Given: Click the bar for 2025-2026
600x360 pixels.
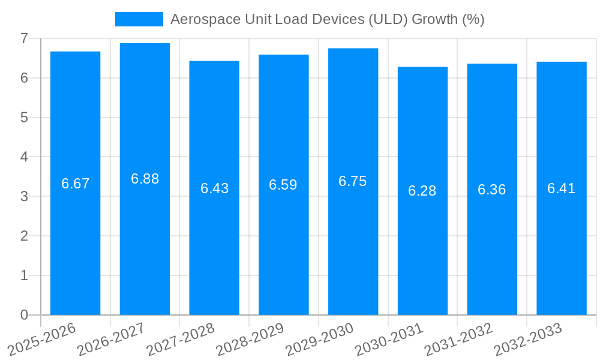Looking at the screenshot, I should click(x=75, y=240).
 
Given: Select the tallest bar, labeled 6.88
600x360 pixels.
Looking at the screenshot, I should click(x=145, y=240).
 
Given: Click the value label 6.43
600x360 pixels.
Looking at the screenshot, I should click(x=214, y=188).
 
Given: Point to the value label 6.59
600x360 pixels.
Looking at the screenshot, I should click(x=283, y=185).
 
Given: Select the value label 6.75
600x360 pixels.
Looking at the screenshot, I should click(x=353, y=182).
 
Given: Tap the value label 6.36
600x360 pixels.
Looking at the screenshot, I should click(x=492, y=190).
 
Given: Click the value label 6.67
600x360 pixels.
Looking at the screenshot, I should click(x=75, y=184).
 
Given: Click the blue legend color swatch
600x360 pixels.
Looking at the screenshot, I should click(x=139, y=19).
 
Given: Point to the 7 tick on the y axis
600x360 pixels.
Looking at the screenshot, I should click(x=24, y=38).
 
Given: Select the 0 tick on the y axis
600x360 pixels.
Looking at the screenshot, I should click(x=24, y=315).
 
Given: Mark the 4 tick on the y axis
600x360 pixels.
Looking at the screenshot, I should click(x=24, y=157).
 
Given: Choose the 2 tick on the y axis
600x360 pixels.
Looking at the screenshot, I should click(x=24, y=236).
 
